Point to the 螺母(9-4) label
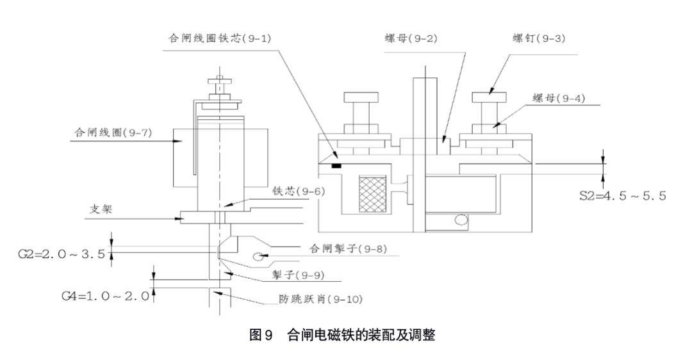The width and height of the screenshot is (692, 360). pos(559,98)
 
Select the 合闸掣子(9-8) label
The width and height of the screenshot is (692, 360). pos(347,247)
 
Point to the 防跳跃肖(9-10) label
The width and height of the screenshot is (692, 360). pos(321,299)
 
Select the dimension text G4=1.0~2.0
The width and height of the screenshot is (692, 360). pos(106,296)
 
